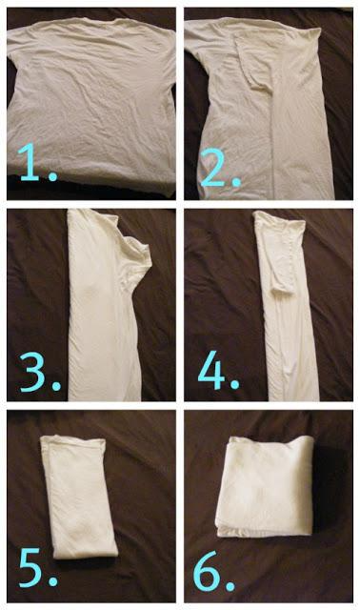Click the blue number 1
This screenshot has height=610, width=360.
pyautogui.click(x=29, y=162)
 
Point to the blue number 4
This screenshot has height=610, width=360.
pyautogui.click(x=211, y=375)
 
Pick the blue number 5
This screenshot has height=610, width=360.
pyautogui.click(x=30, y=567)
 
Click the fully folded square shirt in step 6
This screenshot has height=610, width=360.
pyautogui.click(x=265, y=486)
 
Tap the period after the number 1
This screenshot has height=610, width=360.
pyautogui.click(x=52, y=176)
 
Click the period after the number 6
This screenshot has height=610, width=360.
pyautogui.click(x=230, y=585)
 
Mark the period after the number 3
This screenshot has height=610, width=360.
pyautogui.click(x=56, y=386)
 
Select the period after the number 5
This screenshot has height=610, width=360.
pyautogui.click(x=52, y=582)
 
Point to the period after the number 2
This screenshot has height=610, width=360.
pyautogui.click(x=236, y=182)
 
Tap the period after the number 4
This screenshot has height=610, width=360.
pyautogui.click(x=234, y=385)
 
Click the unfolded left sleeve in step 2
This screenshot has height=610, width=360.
pyautogui.click(x=193, y=43)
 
